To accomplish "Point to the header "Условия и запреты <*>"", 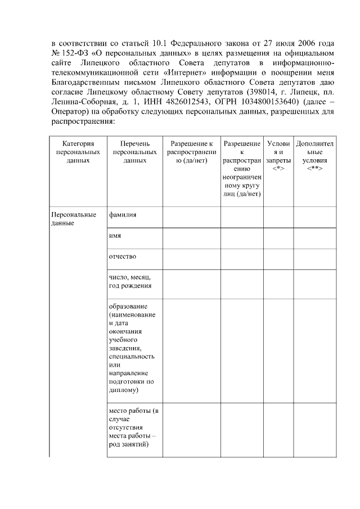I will point(278,156).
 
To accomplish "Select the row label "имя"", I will point(115,236).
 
